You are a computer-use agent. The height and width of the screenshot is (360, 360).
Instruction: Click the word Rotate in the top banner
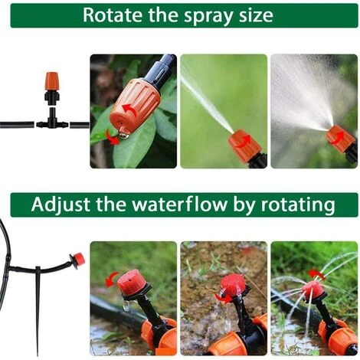(x=113, y=15)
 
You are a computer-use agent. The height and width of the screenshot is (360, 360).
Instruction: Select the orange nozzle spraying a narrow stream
(x=244, y=146)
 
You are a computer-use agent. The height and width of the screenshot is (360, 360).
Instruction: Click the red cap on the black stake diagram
(x=77, y=260)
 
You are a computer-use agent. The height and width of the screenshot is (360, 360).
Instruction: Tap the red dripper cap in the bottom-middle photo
(x=232, y=285)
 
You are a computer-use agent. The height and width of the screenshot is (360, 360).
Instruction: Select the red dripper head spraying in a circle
(x=312, y=290)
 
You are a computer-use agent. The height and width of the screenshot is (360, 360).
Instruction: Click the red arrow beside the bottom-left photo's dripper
(x=112, y=279)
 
